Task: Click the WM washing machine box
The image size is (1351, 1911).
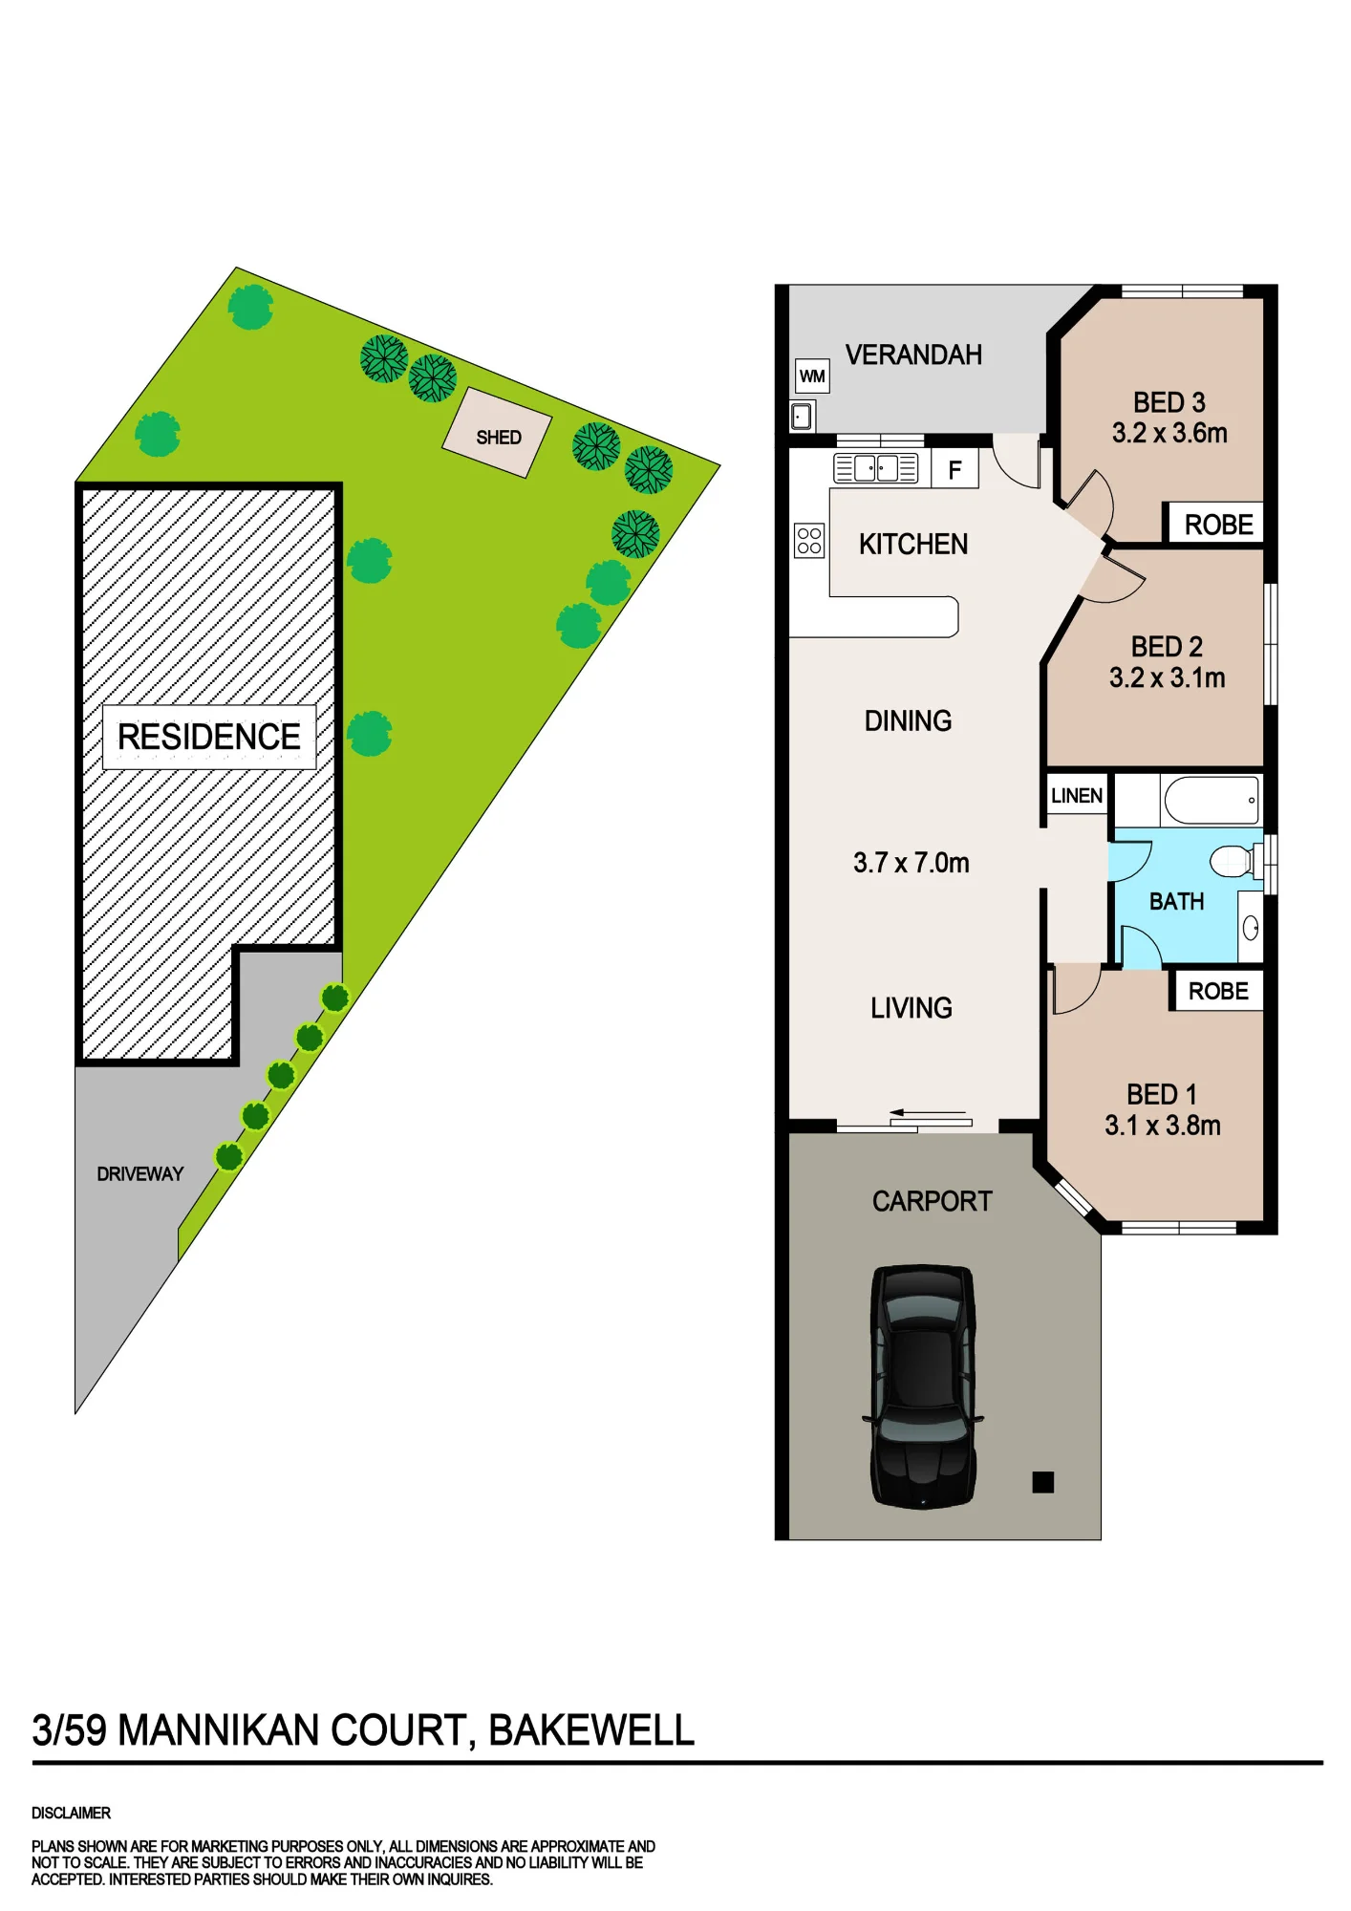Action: click(812, 376)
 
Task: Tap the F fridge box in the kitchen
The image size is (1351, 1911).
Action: click(954, 470)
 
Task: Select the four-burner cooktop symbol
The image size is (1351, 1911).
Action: click(809, 541)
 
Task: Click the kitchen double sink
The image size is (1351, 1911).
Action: click(876, 468)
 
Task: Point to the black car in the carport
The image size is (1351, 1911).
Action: click(923, 1386)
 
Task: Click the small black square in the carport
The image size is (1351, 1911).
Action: click(1043, 1482)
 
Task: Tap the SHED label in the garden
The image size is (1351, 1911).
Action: click(499, 438)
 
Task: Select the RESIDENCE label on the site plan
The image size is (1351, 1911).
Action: click(209, 737)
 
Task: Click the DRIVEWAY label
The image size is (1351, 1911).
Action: click(140, 1174)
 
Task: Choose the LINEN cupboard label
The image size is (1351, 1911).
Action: click(1077, 796)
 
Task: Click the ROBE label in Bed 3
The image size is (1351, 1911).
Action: click(1219, 525)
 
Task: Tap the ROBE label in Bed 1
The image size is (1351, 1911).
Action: click(1218, 991)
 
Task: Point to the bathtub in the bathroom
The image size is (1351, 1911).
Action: click(1212, 801)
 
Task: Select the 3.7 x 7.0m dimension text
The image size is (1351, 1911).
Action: click(911, 863)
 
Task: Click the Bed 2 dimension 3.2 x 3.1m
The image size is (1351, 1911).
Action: click(1168, 677)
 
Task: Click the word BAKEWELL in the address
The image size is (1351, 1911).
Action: click(591, 1730)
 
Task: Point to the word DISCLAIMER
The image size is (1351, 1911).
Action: click(72, 1813)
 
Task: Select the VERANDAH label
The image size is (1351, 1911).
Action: click(913, 354)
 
